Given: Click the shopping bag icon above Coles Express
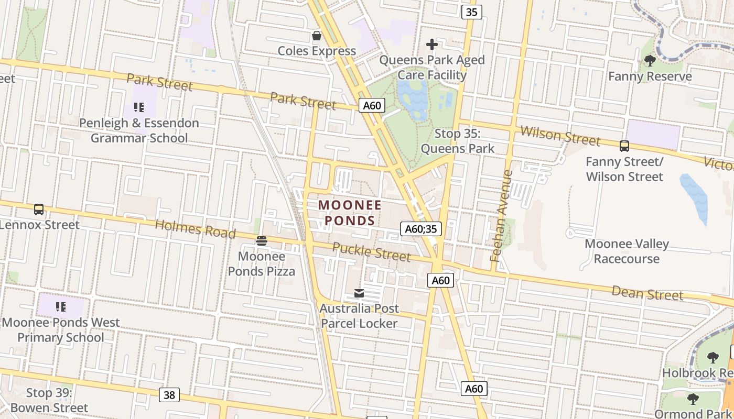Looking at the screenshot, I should (317, 36).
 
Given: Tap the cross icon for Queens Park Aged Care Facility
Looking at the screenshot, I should (431, 45).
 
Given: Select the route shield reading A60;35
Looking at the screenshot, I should (421, 228).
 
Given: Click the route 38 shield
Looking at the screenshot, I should (169, 394).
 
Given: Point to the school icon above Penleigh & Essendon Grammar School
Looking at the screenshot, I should (139, 107).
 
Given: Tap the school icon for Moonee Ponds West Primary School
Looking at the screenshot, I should (61, 306).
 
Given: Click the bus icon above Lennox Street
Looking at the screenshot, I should (39, 210).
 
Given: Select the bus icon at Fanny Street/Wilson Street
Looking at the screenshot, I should (624, 146).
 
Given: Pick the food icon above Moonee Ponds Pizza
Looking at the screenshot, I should (261, 241).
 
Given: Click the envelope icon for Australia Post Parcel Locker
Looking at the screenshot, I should (359, 293).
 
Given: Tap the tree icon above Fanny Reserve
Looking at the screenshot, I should (650, 61).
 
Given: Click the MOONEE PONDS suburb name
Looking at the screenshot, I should (350, 213).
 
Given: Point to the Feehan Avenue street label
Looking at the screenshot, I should (501, 215).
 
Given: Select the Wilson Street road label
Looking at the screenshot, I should (560, 136).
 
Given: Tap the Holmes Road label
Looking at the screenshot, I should (195, 229).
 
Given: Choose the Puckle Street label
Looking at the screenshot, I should (371, 251).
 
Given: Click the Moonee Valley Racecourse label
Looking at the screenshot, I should (627, 251).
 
